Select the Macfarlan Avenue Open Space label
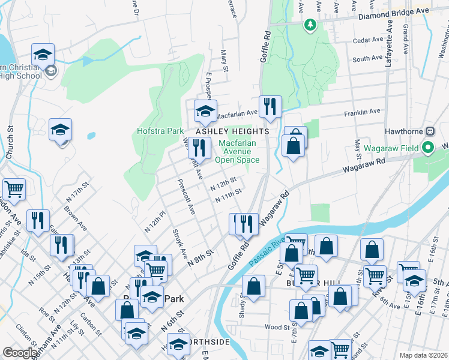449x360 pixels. point(239,151)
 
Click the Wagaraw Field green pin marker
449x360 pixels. point(427,147)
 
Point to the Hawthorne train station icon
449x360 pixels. point(430,131)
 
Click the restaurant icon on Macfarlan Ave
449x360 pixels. point(270,107)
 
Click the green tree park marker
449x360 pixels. point(310,25)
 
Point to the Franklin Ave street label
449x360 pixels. point(362,112)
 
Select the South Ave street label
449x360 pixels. point(367,59)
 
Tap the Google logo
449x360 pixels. point(20,353)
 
